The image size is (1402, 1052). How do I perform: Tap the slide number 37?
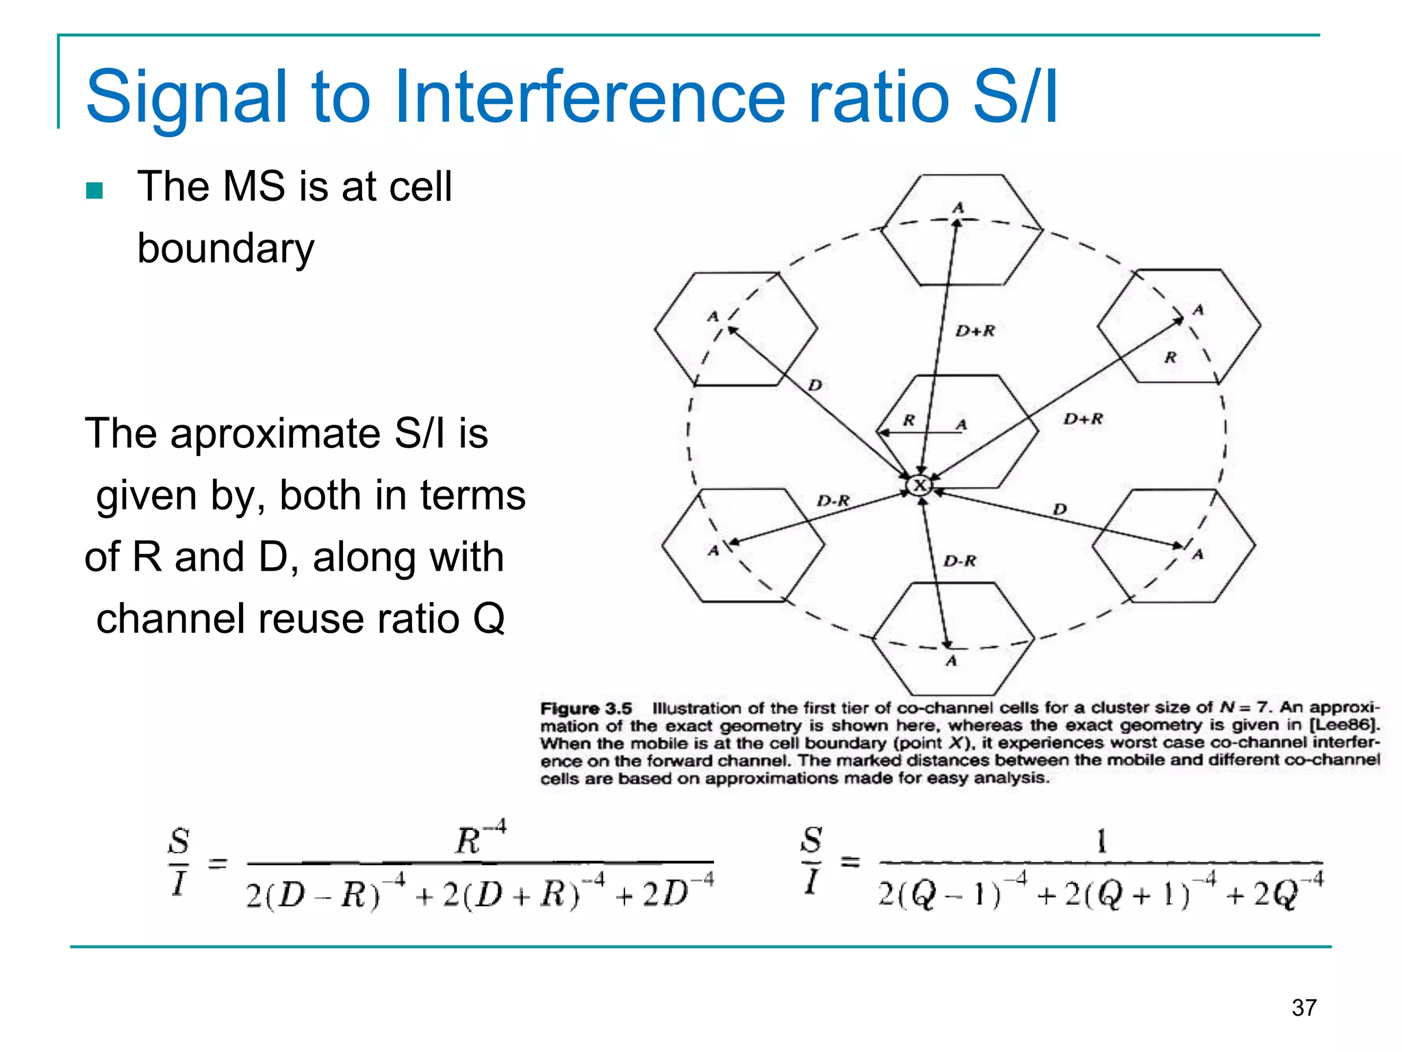point(1303,1007)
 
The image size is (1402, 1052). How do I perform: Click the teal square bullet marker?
point(94,190)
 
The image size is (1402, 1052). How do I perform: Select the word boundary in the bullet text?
point(226,248)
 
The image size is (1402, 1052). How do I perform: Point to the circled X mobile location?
point(919,486)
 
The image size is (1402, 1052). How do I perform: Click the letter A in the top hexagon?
point(958,208)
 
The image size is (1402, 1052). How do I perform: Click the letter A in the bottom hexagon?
point(951,661)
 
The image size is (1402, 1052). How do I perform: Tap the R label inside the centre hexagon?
point(908,420)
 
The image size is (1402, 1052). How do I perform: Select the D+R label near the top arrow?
point(975,331)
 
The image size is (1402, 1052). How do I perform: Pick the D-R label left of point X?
point(832,501)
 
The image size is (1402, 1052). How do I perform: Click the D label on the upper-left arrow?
point(814,385)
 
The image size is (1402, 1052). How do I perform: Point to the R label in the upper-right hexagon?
point(1171,357)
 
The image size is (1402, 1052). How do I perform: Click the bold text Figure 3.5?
point(586,708)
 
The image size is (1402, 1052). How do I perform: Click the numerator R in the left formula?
point(470,840)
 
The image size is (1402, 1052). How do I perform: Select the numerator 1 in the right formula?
point(1101,840)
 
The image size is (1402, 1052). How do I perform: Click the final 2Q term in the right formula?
point(1277,894)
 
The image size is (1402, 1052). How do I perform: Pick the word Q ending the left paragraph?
point(489,618)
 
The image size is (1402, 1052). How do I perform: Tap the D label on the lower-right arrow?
point(1060,509)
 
